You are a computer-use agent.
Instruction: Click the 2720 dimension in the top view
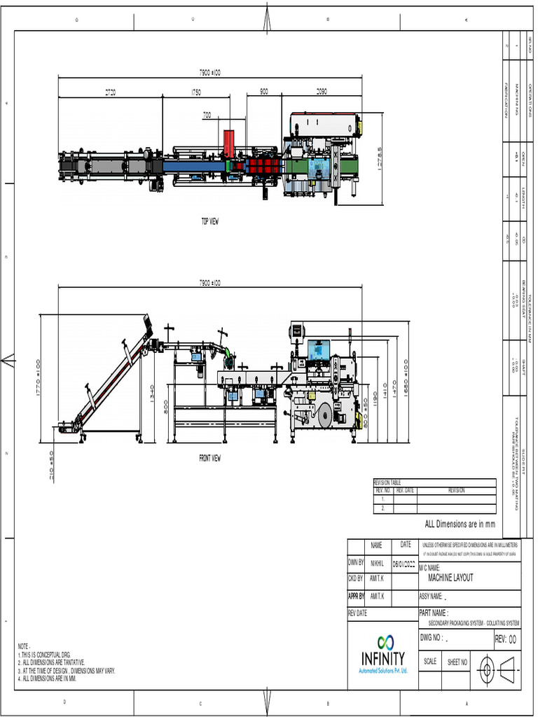111,92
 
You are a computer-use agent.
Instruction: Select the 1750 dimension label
196,92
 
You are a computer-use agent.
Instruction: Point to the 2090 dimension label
322,92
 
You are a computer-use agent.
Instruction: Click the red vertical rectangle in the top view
229,144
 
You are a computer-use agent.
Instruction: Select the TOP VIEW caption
210,221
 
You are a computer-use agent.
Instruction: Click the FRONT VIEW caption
210,459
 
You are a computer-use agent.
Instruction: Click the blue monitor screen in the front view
319,349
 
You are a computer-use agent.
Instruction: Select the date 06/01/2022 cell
404,563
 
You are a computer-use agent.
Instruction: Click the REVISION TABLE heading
387,483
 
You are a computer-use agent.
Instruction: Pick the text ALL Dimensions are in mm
460,524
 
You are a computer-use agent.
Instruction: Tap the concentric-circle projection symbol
485,669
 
